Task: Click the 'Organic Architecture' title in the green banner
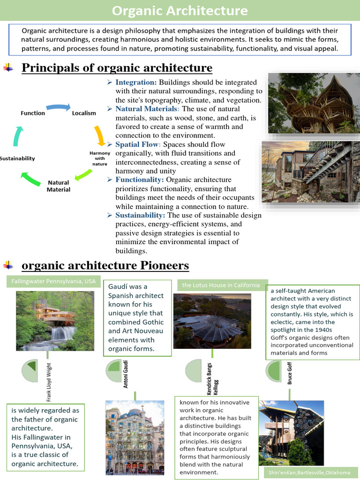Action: coord(180,10)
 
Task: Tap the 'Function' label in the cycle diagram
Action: coord(33,113)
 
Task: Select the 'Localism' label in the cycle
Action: coord(84,113)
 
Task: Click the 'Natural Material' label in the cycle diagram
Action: coord(59,186)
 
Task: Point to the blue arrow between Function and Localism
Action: coord(58,107)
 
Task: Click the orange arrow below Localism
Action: coord(100,135)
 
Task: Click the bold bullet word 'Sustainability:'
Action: coord(140,215)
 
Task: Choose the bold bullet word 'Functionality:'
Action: coord(140,180)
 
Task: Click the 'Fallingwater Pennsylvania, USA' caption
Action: coord(53,282)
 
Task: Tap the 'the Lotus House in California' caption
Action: coord(221,285)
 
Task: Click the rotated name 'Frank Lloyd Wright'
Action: coord(49,382)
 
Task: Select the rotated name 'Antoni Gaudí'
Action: coord(126,374)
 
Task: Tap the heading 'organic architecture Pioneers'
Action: coord(105,266)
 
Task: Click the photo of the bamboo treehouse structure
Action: coord(314,103)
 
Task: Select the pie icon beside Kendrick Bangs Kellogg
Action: coord(193,371)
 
